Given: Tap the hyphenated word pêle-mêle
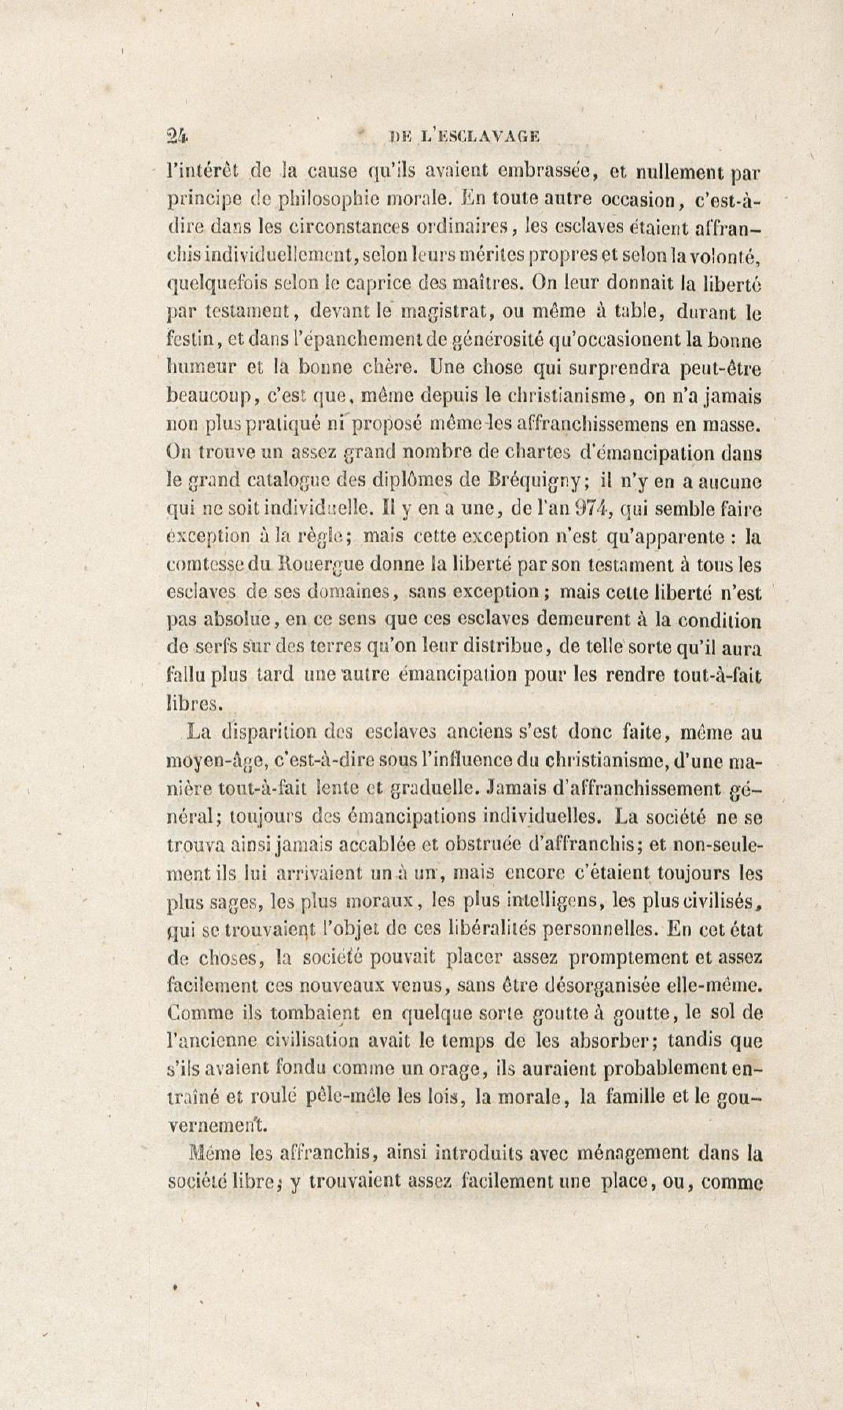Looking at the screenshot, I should pyautogui.click(x=347, y=1096).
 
